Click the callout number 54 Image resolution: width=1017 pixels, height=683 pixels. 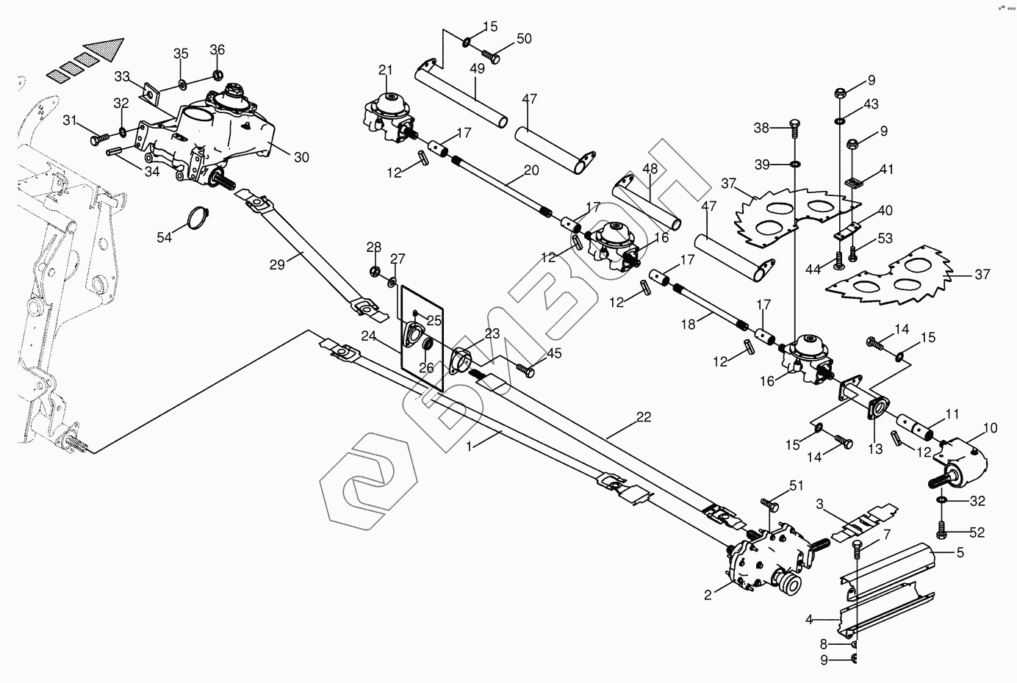click(x=165, y=236)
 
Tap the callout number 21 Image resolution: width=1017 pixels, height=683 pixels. click(x=386, y=71)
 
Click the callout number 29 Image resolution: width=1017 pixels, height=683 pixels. click(x=276, y=264)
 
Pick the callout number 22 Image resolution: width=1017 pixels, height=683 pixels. click(x=643, y=417)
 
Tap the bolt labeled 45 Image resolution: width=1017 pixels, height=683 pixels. click(x=525, y=370)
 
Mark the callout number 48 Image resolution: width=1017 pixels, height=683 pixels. click(x=650, y=168)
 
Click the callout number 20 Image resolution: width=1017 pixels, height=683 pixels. click(x=531, y=170)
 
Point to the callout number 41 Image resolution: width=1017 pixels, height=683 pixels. click(x=886, y=169)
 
